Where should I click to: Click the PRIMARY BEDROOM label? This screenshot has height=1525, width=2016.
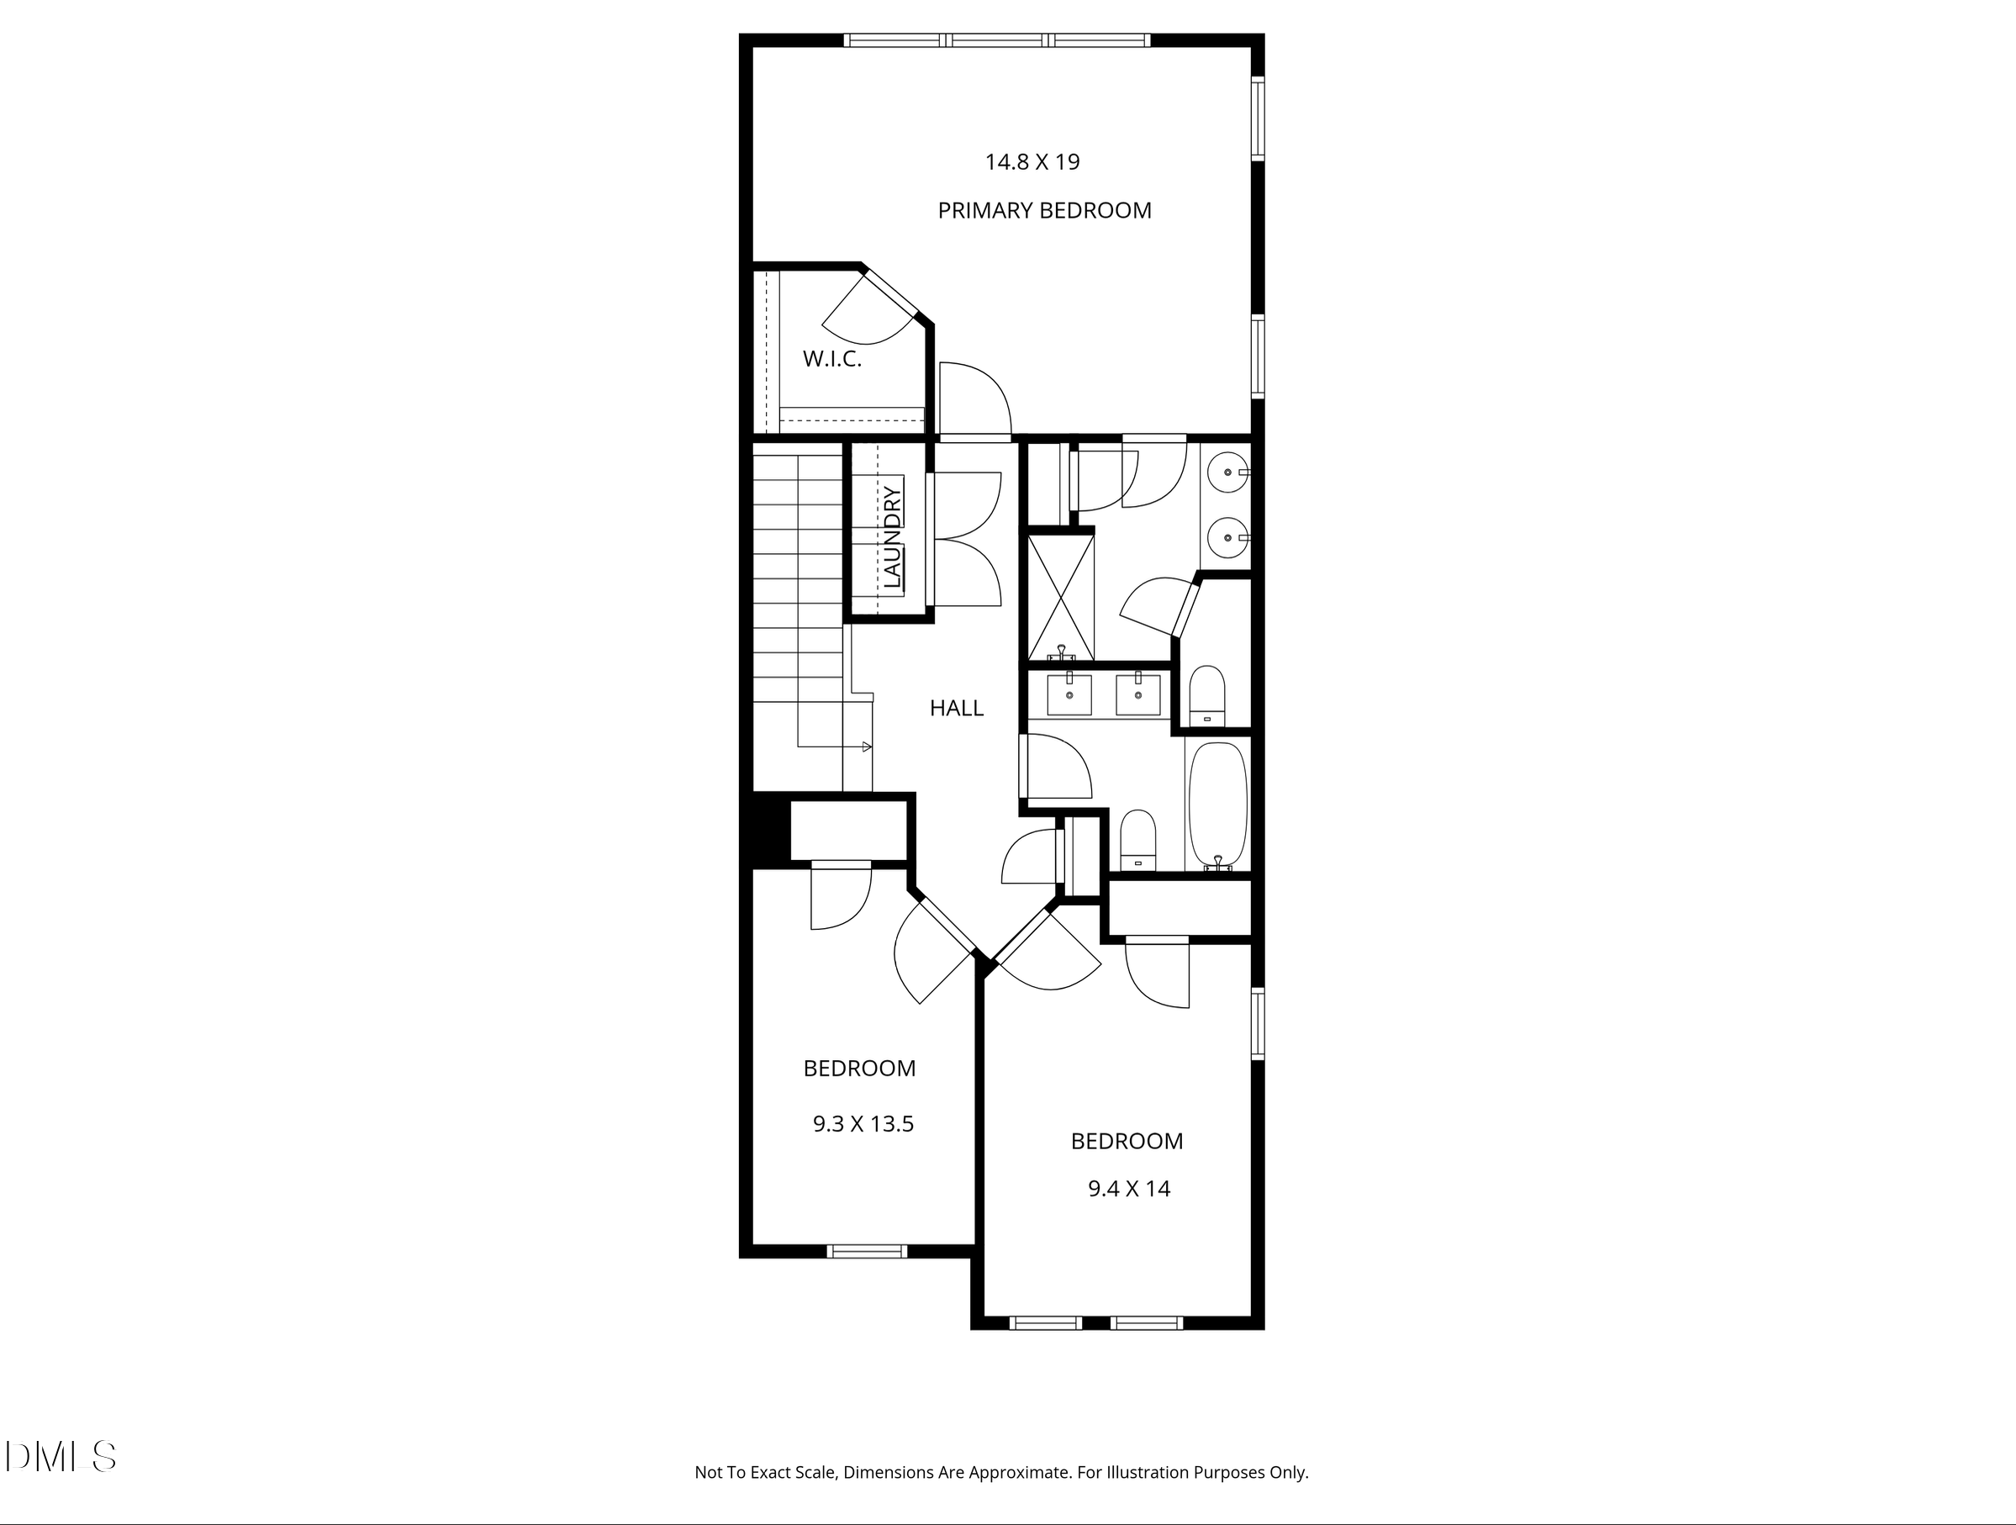pos(1044,210)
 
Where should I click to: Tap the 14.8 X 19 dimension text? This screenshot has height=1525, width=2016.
pos(1032,162)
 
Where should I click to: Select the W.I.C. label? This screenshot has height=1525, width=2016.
pos(832,359)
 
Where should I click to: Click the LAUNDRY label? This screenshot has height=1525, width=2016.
pos(892,537)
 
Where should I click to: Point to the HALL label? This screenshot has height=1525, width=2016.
pos(956,708)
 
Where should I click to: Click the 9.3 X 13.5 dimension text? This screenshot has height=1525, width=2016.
pos(863,1124)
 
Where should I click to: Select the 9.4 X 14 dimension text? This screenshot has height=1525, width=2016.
pos(1128,1189)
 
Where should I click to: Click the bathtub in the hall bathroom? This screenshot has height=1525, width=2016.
pos(1217,804)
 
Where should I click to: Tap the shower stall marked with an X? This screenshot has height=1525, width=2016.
pos(1061,597)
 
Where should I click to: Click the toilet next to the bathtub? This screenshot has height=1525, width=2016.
pos(1137,839)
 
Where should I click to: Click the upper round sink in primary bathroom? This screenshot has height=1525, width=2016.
pos(1227,472)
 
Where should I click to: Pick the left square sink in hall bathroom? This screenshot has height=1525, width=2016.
pos(1069,695)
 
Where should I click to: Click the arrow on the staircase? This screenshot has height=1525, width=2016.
pos(867,747)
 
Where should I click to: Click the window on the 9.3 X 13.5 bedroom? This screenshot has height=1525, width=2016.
pos(867,1251)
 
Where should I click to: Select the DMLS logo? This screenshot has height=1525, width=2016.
pos(61,1456)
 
